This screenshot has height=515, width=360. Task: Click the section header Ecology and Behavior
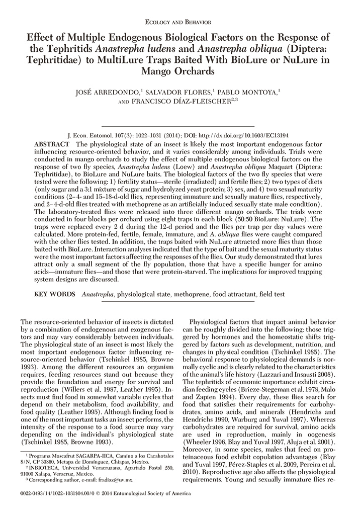coord(181,22)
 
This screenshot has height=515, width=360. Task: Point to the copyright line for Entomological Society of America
coord(141,504)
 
